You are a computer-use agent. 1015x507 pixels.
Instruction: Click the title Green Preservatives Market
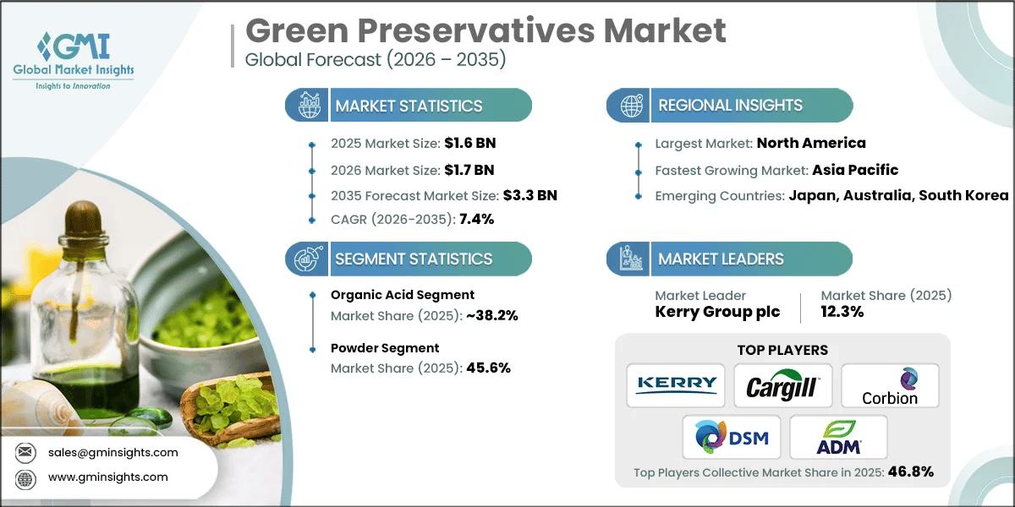click(485, 31)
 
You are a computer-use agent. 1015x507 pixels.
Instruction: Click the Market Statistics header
click(409, 106)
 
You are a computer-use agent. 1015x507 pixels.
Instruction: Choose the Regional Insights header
click(730, 106)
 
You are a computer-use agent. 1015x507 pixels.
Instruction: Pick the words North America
click(810, 144)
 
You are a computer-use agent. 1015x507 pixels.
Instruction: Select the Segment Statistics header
click(414, 259)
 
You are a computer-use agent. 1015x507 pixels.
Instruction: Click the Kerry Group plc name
click(717, 312)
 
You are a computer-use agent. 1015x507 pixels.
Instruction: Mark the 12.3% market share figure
click(843, 312)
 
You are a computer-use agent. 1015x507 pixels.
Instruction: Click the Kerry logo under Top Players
click(676, 385)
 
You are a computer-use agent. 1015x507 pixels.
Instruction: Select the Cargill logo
click(782, 385)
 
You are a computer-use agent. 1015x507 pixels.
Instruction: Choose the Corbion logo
click(890, 385)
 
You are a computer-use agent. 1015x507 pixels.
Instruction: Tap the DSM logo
click(729, 437)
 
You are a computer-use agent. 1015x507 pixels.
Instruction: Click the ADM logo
click(838, 437)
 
